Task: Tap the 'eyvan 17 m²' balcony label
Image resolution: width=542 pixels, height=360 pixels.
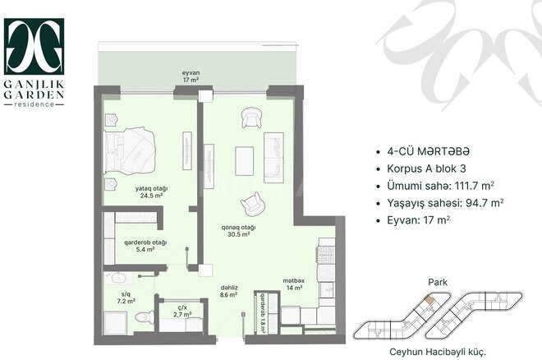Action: coord(191,76)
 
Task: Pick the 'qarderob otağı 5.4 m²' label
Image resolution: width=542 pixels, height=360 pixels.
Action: coord(145,245)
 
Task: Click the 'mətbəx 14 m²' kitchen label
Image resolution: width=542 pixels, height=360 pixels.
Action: coord(293,284)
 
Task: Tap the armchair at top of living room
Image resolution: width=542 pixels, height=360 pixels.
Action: coord(250,119)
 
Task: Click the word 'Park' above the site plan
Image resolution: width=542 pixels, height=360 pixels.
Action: coord(436,281)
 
